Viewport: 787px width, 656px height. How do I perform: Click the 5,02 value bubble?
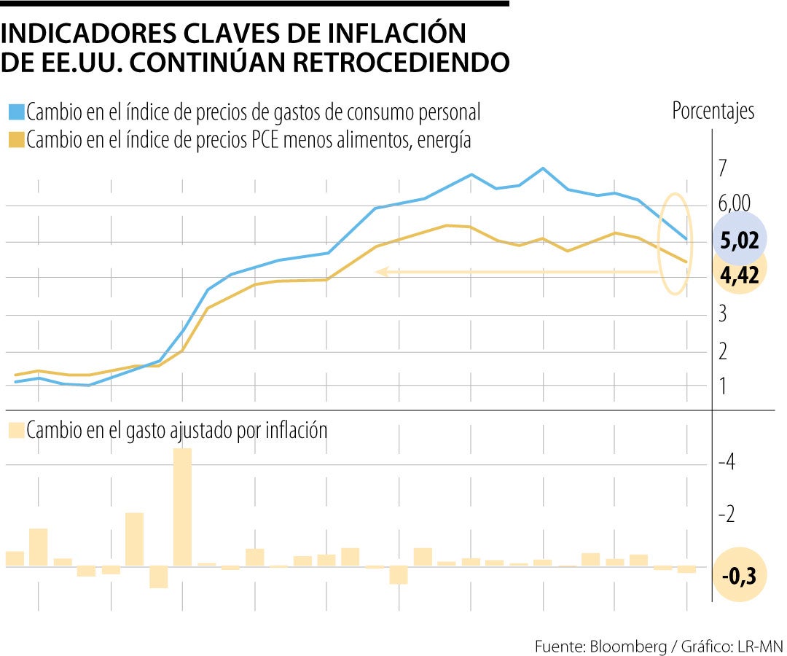coord(739,240)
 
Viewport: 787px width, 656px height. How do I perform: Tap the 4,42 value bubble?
coord(740,275)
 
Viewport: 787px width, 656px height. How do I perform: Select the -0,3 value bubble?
coord(739,576)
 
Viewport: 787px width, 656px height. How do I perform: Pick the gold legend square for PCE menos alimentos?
coord(16,140)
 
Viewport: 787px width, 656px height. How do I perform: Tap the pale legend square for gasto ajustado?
coord(16,430)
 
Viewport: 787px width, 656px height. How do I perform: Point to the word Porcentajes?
coord(713,112)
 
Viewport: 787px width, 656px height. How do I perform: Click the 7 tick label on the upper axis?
coord(722,168)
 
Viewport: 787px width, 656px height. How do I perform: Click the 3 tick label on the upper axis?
coord(722,314)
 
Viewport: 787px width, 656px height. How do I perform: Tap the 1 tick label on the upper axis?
coord(722,386)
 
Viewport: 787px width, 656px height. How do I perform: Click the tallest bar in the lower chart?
coord(182,507)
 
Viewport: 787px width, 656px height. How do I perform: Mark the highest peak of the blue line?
coord(542,168)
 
